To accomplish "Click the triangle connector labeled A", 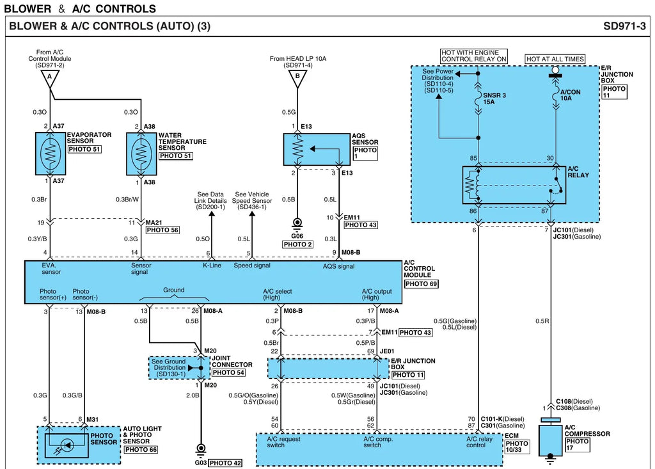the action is (50, 79).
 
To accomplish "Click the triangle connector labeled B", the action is (297, 79).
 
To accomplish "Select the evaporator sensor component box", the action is (51, 154).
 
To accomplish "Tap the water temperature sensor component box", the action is (141, 154).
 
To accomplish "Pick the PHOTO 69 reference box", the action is (421, 284).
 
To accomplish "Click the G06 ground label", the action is (297, 235).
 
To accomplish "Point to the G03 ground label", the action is (200, 463).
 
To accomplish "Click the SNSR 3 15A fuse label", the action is (494, 99).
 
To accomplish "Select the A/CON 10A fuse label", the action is (570, 95).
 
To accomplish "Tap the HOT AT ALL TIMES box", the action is (555, 59).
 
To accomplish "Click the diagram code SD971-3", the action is (624, 26).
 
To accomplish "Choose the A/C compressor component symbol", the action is (550, 440).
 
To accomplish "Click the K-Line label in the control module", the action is (212, 266).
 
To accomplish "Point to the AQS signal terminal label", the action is (338, 266).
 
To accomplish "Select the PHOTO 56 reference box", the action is (162, 230).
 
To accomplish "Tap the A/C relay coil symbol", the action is (470, 185).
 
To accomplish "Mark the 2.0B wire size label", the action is (193, 395).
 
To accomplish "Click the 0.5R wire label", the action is (542, 321).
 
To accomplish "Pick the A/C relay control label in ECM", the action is (479, 442).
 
